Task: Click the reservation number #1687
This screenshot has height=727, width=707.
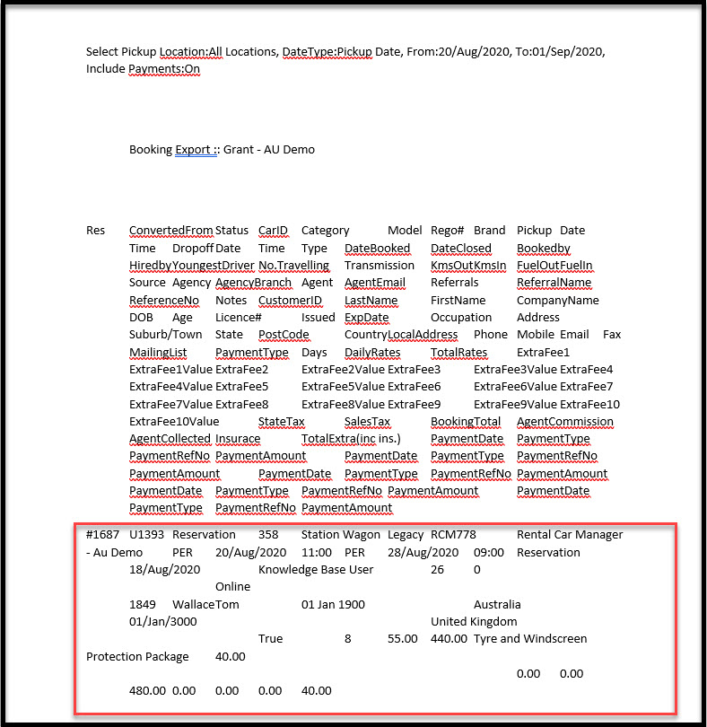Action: [x=101, y=535]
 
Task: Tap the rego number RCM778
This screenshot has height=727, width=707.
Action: [x=453, y=535]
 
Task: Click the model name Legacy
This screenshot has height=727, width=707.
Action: [x=406, y=535]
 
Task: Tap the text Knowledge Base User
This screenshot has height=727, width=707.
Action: [x=316, y=570]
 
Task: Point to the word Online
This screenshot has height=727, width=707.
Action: [x=232, y=587]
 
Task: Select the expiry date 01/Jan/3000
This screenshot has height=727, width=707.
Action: [x=164, y=622]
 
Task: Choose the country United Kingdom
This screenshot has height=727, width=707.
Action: [x=474, y=622]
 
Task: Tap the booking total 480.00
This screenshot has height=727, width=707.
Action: [x=148, y=691]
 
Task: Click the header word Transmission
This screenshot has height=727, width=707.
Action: [x=380, y=266]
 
